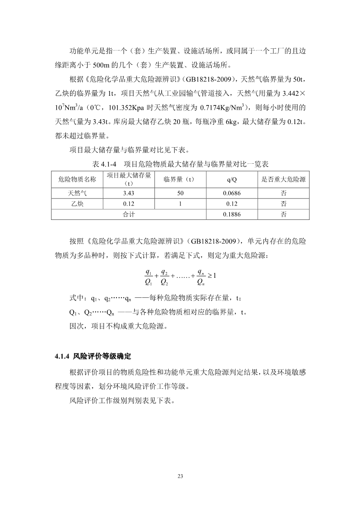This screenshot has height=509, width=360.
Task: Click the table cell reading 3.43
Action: pos(129,193)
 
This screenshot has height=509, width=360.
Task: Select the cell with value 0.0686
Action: pos(231,193)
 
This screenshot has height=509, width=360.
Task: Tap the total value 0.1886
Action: pos(231,214)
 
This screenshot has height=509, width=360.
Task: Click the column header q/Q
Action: pos(231,179)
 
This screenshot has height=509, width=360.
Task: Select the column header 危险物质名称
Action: pos(77,179)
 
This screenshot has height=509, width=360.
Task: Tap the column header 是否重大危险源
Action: pos(283,179)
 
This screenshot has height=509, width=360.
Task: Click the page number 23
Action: pos(180,476)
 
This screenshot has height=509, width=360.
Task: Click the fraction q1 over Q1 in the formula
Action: pos(148,276)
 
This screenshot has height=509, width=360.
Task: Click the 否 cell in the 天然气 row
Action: pos(283,193)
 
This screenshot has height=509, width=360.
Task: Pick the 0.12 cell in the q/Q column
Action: pos(231,204)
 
